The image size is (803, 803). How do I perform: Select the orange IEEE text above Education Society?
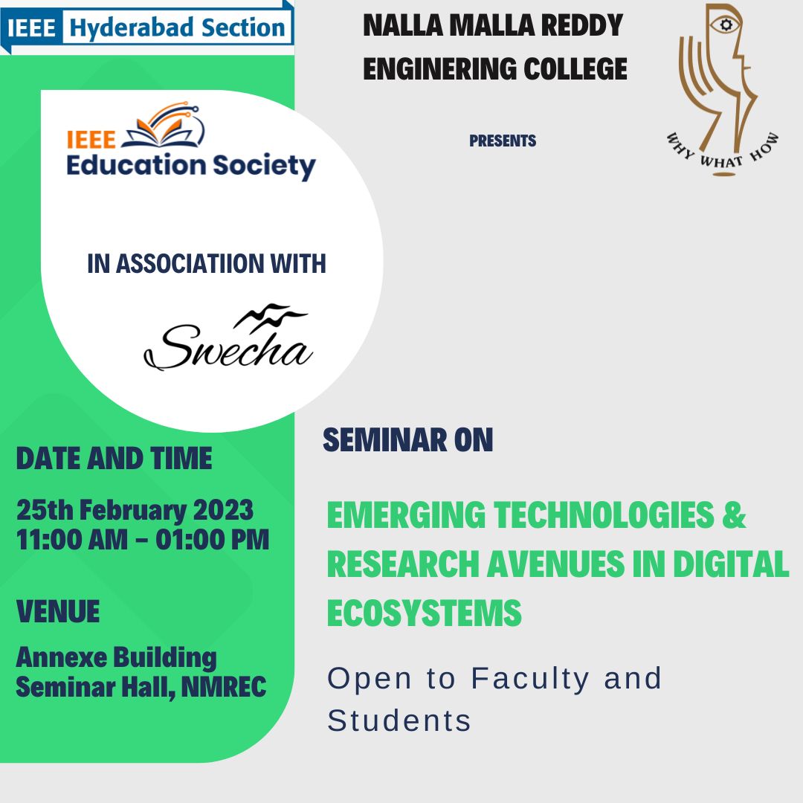[91, 140]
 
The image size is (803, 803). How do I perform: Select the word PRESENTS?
[503, 141]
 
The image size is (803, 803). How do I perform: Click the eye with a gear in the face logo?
[725, 24]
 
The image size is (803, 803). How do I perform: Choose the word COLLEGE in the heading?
[575, 68]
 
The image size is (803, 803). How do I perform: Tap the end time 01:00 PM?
[213, 540]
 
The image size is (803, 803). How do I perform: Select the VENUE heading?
[58, 611]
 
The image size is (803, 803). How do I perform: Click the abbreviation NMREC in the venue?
[224, 687]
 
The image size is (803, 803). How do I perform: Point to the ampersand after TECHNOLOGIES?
[734, 515]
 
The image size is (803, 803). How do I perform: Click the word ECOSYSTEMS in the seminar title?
[424, 613]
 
